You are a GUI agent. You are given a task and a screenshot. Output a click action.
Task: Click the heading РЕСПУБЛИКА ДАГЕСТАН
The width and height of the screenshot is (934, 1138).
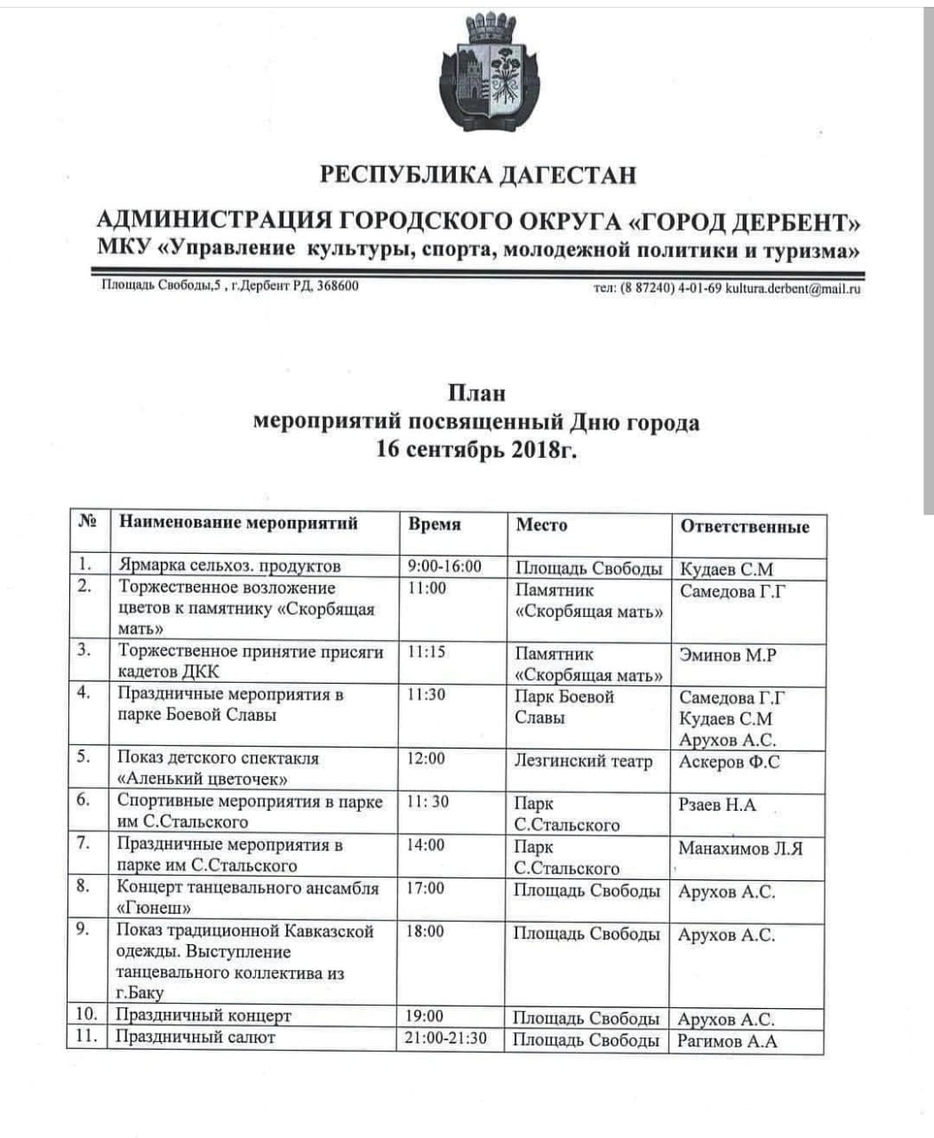(478, 173)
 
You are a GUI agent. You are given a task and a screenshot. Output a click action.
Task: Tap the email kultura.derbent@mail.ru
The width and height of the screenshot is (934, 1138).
(793, 288)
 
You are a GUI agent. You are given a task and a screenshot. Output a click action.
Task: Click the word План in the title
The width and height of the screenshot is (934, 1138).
(475, 392)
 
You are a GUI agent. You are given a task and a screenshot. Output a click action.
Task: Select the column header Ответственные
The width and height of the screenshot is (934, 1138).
(745, 526)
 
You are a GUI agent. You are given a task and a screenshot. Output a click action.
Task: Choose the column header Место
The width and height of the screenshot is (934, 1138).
(541, 525)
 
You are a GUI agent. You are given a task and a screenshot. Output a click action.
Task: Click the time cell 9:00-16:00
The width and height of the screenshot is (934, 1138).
(443, 566)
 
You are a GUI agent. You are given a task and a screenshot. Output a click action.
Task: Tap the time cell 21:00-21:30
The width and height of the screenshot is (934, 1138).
(445, 1038)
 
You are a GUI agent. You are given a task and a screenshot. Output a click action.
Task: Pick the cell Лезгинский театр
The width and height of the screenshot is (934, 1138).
(583, 761)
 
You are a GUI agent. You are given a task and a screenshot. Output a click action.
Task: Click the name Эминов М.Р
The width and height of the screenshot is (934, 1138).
(728, 655)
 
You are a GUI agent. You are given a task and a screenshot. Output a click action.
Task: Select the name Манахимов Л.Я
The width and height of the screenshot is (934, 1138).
(740, 848)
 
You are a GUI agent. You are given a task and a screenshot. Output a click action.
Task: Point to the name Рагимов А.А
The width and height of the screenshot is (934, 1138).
(727, 1041)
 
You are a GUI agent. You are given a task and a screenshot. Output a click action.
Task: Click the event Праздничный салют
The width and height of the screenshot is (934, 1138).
(196, 1038)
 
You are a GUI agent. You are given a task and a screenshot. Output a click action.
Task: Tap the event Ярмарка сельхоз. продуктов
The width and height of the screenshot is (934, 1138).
(229, 565)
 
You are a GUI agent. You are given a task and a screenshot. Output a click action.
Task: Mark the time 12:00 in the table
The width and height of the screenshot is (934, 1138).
(427, 758)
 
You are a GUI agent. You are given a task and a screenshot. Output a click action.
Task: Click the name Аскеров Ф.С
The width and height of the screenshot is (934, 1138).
(729, 762)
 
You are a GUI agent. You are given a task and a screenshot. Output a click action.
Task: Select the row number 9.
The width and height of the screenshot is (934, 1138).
(83, 930)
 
